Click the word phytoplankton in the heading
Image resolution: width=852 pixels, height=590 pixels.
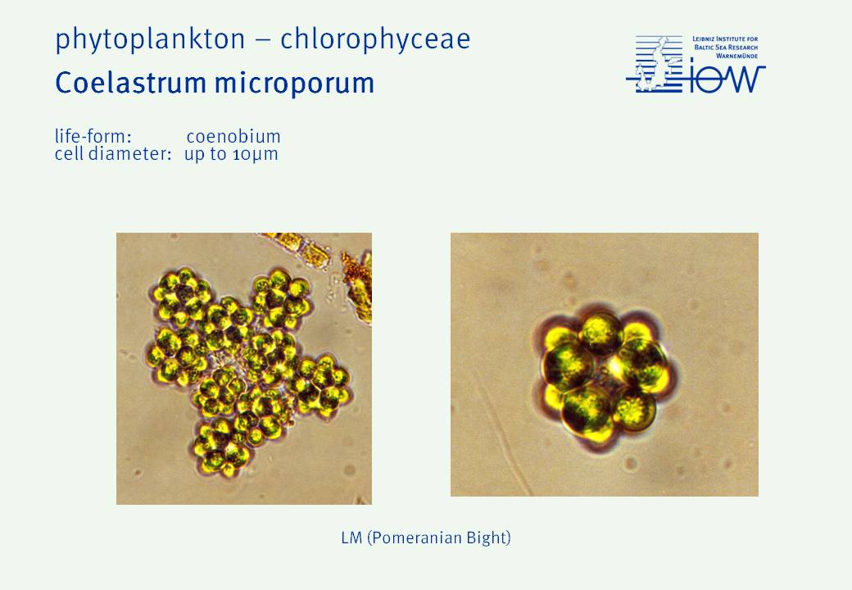coord(150,40)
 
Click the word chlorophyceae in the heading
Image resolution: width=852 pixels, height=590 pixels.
coord(375,39)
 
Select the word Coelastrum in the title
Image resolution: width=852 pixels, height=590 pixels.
coord(130,83)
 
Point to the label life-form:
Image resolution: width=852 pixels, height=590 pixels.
coord(93,136)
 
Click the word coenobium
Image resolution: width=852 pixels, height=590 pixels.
coord(233,136)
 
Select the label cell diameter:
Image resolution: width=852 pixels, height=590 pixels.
coord(113,154)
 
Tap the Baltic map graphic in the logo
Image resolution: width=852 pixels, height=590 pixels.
coord(655,64)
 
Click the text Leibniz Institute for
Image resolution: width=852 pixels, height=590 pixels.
coord(725,39)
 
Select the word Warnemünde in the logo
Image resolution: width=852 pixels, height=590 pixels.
coord(736,56)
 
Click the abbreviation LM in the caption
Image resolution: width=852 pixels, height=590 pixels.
coord(351,538)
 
